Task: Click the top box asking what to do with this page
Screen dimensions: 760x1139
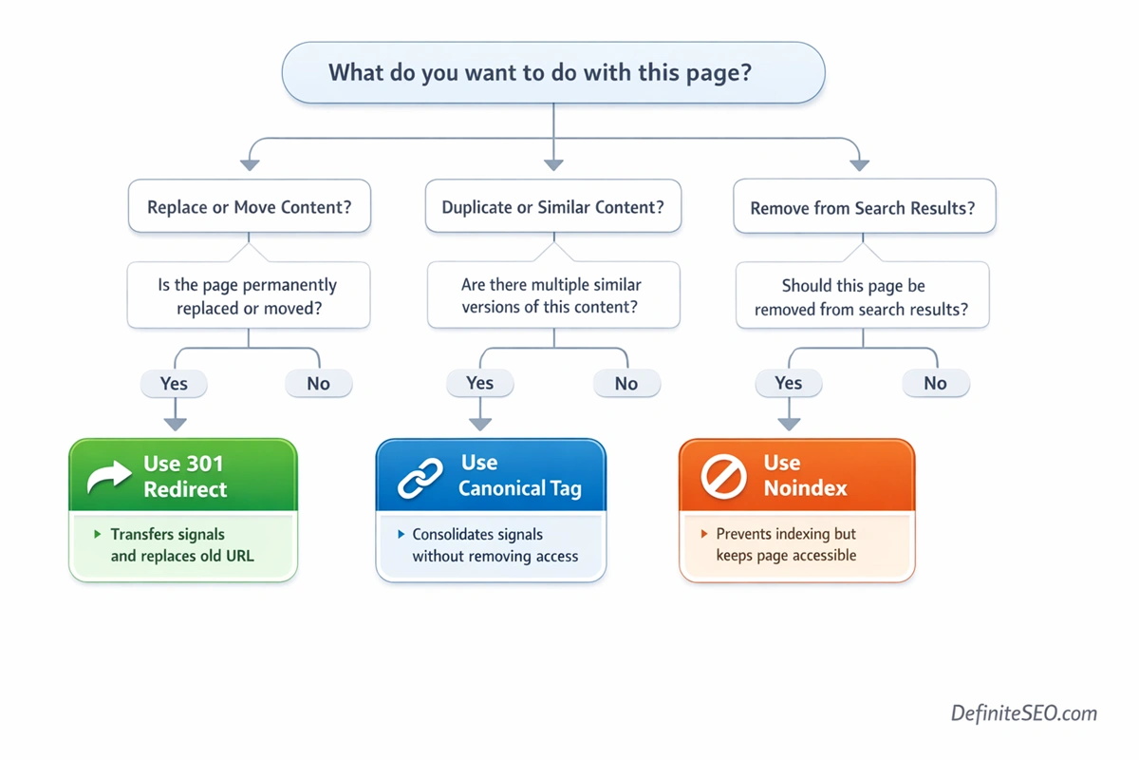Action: point(553,72)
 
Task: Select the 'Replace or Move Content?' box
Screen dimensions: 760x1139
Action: point(250,207)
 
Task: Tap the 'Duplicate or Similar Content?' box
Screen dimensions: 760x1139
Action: point(553,207)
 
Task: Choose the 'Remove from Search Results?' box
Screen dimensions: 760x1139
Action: point(863,207)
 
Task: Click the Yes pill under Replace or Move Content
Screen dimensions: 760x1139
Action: point(174,384)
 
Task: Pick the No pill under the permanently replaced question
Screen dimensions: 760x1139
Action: point(319,384)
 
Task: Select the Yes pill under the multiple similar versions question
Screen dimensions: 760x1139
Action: point(480,383)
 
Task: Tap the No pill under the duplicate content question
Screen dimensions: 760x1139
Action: point(626,384)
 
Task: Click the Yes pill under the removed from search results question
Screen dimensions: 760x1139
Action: point(788,383)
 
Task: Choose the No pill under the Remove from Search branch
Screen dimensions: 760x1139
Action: point(935,384)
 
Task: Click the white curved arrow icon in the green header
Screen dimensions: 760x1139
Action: point(109,478)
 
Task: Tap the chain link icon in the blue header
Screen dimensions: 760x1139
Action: point(420,478)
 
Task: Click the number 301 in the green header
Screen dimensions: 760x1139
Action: point(206,464)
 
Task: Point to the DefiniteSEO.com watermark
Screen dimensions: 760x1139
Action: point(1024,713)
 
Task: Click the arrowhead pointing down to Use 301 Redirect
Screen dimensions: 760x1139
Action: point(175,423)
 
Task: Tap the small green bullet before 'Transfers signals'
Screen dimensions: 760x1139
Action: point(97,535)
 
